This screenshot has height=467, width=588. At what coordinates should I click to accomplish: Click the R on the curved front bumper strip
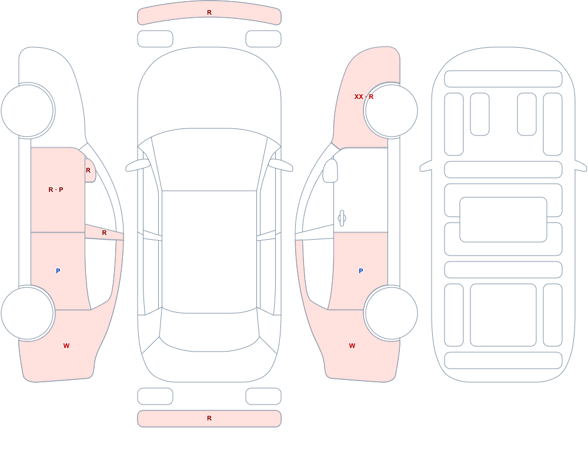pyautogui.click(x=209, y=12)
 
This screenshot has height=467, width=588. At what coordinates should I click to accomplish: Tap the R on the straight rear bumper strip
pyautogui.click(x=209, y=418)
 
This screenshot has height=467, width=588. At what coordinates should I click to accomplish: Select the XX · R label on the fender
pyautogui.click(x=364, y=97)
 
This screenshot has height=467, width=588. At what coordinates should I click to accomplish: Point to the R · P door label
pyautogui.click(x=56, y=190)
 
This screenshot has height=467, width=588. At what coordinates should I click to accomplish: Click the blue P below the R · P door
pyautogui.click(x=58, y=271)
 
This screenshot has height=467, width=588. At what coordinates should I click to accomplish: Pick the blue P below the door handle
pyautogui.click(x=361, y=271)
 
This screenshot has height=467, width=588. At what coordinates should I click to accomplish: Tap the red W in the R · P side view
pyautogui.click(x=66, y=346)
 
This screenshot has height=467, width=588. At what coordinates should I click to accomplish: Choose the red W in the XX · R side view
pyautogui.click(x=352, y=346)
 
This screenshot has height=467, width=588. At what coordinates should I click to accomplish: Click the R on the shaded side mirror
pyautogui.click(x=88, y=170)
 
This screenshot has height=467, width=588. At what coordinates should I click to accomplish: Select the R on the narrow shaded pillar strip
pyautogui.click(x=104, y=233)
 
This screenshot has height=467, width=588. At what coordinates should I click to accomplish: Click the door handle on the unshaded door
pyautogui.click(x=342, y=218)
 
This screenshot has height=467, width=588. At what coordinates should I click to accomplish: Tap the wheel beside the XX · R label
pyautogui.click(x=391, y=111)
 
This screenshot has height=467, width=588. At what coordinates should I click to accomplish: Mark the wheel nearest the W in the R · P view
pyautogui.click(x=28, y=313)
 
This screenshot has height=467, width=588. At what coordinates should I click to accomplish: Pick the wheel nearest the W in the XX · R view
pyautogui.click(x=391, y=313)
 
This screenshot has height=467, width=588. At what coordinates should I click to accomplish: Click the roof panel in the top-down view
pyautogui.click(x=209, y=251)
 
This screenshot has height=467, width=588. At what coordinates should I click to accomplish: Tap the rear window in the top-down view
pyautogui.click(x=209, y=330)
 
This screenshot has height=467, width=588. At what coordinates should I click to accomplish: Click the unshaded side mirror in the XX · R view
pyautogui.click(x=330, y=171)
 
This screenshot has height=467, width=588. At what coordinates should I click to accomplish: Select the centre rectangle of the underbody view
pyautogui.click(x=503, y=220)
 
